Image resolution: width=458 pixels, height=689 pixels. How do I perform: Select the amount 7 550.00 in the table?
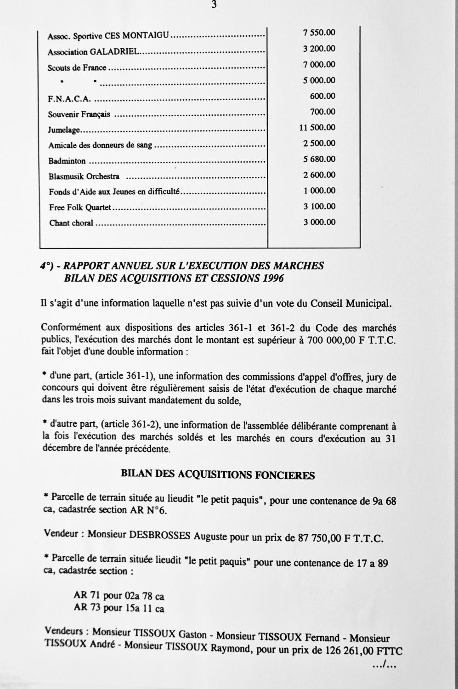(319, 33)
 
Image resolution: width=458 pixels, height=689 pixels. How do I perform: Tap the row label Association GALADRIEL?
(93, 52)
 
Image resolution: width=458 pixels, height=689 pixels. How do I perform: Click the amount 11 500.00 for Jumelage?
(317, 128)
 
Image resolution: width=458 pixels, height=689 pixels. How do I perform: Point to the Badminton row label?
(67, 161)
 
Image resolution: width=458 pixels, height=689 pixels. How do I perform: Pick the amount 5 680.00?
(319, 159)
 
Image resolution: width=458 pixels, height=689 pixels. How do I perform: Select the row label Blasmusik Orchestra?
(84, 176)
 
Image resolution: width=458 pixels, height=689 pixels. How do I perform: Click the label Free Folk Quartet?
(80, 208)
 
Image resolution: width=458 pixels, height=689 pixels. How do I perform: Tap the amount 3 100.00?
(319, 207)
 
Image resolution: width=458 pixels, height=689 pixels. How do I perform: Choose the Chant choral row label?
(71, 223)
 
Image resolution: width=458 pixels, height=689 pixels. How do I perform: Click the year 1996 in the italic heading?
(273, 278)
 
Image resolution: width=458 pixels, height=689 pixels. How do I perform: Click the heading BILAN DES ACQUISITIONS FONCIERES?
(217, 475)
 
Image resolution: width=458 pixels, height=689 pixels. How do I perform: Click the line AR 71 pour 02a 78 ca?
(119, 596)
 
